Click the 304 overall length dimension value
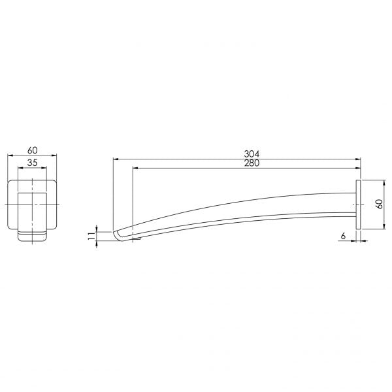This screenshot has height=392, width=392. pyautogui.click(x=252, y=154)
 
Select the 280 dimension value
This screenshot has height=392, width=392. pyautogui.click(x=252, y=163)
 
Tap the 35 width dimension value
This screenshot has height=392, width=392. pyautogui.click(x=32, y=163)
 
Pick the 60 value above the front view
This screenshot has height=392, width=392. pyautogui.click(x=32, y=150)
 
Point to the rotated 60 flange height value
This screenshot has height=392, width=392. pyautogui.click(x=379, y=204)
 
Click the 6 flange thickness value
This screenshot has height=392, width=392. pyautogui.click(x=343, y=236)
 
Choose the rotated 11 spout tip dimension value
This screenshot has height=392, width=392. pyautogui.click(x=92, y=236)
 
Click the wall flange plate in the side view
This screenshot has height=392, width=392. pyautogui.click(x=358, y=204)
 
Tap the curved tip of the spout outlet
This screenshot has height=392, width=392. pyautogui.click(x=116, y=235)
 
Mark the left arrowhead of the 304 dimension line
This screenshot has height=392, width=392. pyautogui.click(x=116, y=159)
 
